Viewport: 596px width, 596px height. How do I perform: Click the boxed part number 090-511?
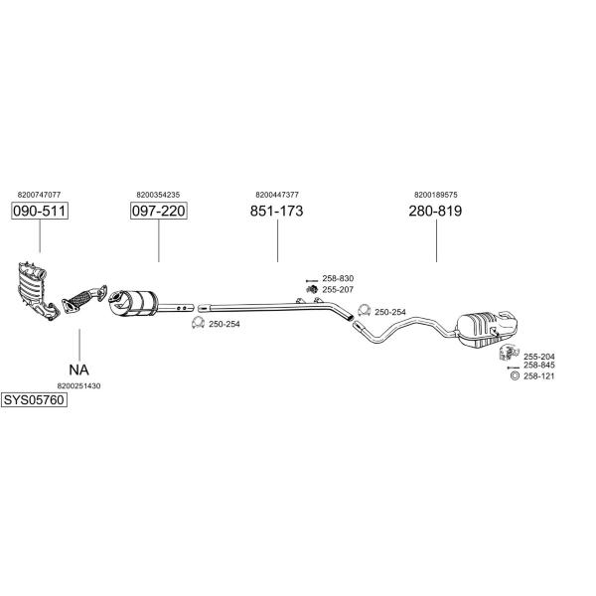tap(40, 212)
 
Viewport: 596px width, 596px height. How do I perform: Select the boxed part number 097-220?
tap(159, 212)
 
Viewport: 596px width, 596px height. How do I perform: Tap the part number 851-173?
tap(277, 212)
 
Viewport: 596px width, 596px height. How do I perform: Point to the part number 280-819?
tap(436, 212)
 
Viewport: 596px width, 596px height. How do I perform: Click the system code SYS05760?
tap(33, 400)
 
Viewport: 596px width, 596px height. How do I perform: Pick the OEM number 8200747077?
tap(40, 195)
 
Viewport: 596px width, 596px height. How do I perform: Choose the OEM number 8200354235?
tap(158, 195)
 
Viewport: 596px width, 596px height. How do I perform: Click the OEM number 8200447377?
tap(277, 195)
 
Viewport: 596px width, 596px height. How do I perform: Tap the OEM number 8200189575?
tap(436, 195)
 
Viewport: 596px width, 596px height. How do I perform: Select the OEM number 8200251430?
tap(79, 385)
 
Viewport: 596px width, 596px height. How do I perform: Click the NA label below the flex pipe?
tap(79, 369)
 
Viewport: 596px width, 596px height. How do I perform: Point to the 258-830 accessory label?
tap(338, 278)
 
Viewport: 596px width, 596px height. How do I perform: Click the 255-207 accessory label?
tap(338, 289)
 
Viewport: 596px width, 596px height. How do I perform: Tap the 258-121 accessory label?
tap(538, 375)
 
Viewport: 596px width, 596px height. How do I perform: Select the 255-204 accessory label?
tap(538, 357)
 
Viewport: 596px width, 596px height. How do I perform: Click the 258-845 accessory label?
tap(538, 366)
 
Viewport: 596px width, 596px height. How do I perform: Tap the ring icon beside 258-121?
tap(514, 375)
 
